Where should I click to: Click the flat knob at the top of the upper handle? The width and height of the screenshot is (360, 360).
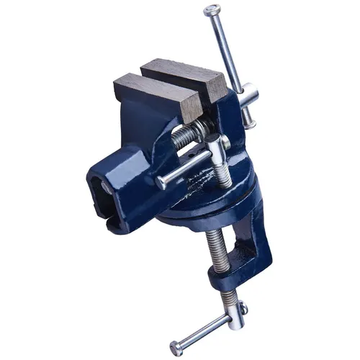(210, 11)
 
